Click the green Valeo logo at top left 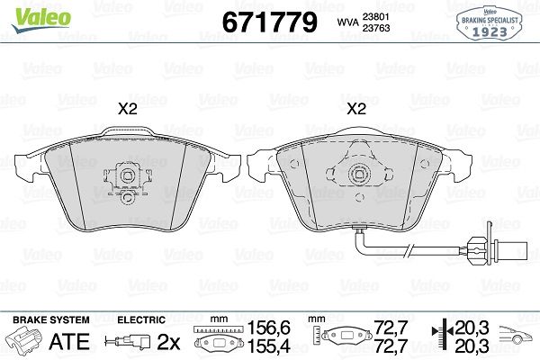(41, 19)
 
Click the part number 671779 (269, 22)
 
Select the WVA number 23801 (375, 16)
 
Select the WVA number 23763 (375, 28)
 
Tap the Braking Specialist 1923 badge (490, 23)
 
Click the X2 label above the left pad (128, 109)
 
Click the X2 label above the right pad (356, 109)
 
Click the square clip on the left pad (127, 176)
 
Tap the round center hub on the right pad (358, 173)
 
